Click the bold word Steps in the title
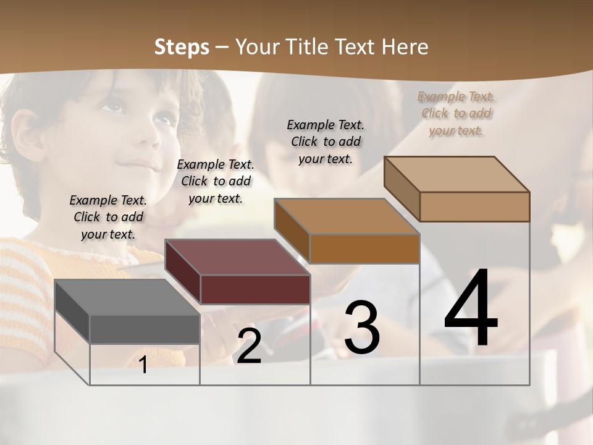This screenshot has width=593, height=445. point(182,47)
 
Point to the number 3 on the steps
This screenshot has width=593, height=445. point(362,328)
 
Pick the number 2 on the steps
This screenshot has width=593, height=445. point(249,347)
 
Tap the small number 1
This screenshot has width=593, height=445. point(143,365)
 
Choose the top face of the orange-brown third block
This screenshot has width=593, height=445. point(347,217)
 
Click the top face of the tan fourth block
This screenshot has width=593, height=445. point(456,174)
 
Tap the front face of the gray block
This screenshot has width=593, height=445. point(145,329)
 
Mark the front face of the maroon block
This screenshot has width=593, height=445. point(255,289)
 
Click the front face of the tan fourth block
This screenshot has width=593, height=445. point(474,206)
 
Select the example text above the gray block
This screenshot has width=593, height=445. point(108,217)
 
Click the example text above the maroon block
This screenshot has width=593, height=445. point(216,181)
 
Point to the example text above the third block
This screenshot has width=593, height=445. point(326,142)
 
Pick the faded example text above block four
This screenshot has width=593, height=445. point(456,113)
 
